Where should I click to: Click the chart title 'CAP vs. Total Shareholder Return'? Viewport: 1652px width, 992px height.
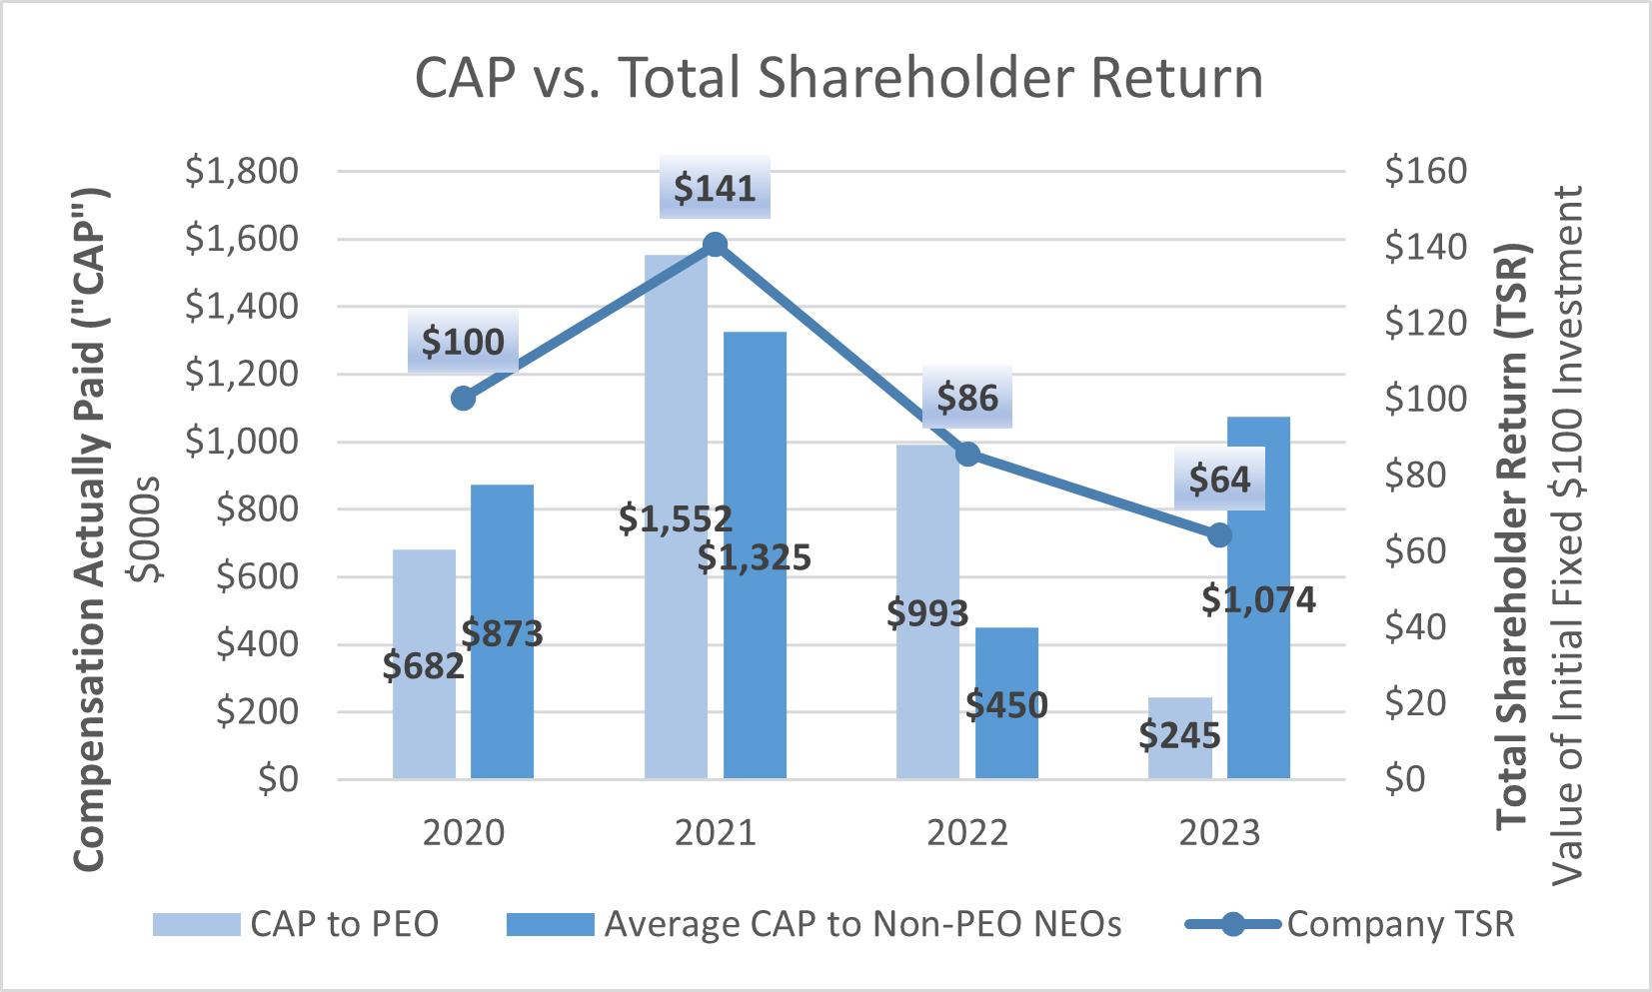(x=838, y=80)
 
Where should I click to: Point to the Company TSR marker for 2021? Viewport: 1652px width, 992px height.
(x=715, y=245)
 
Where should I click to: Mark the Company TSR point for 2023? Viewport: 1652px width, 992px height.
(x=1218, y=535)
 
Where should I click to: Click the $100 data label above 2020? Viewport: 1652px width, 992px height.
(x=463, y=343)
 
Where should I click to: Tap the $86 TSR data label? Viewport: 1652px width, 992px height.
(x=967, y=399)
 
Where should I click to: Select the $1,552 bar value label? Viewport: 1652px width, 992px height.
(x=676, y=518)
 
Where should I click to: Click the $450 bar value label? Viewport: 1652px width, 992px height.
(x=1007, y=705)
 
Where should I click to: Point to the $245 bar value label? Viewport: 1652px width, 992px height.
(x=1179, y=736)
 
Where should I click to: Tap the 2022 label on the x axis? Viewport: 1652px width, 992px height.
(x=967, y=833)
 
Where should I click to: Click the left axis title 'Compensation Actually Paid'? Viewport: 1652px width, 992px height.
(x=91, y=499)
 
